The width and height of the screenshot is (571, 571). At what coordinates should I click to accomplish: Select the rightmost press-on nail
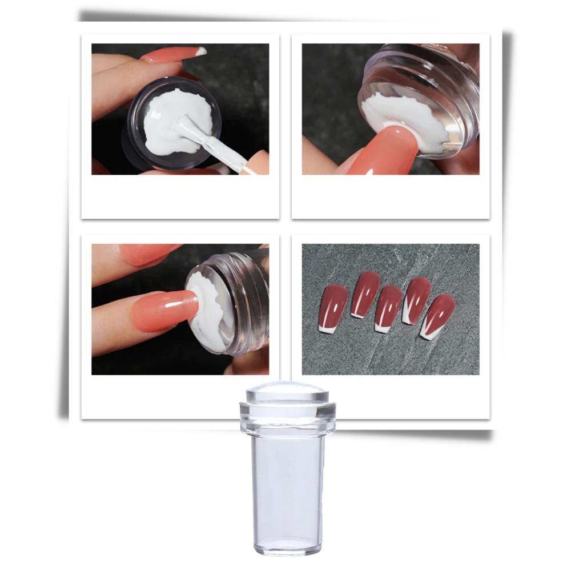(440, 314)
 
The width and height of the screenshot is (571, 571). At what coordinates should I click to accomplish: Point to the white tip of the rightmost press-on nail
(427, 332)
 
